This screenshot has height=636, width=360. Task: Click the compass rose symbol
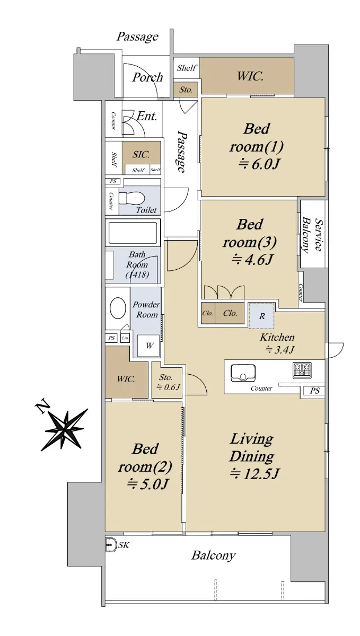[65, 429]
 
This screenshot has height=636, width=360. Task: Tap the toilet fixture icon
[131, 198]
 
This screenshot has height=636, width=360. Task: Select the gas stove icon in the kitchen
[302, 370]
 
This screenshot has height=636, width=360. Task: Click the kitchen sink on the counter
[243, 373]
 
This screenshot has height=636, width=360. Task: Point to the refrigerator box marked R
[262, 316]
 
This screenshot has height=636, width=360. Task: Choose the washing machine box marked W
[148, 345]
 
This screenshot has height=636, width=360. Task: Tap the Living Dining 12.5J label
[252, 456]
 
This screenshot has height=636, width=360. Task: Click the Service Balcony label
[312, 234]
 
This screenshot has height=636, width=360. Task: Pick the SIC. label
[141, 154]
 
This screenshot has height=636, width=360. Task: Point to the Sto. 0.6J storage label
[168, 382]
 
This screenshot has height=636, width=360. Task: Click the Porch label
[147, 77]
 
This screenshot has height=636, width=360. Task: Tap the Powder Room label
[146, 310]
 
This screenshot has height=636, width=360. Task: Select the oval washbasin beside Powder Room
[118, 308]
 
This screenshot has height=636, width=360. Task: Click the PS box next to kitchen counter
[314, 391]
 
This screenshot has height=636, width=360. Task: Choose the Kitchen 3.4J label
[277, 343]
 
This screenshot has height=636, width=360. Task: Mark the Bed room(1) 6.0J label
[257, 146]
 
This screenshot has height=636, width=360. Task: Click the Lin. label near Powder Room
[125, 338]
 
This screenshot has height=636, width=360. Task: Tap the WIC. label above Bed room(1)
[250, 76]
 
